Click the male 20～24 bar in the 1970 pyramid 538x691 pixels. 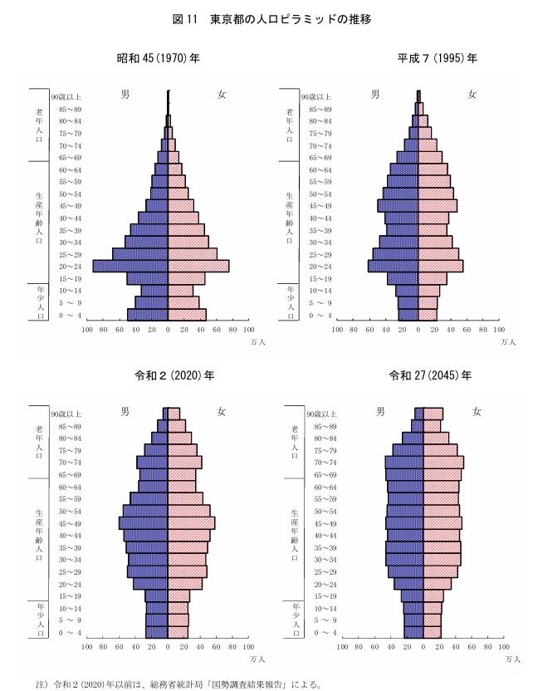click(130, 266)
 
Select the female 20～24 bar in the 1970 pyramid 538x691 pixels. click(198, 266)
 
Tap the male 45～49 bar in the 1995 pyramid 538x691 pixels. click(398, 205)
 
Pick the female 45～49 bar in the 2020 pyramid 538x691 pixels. click(191, 523)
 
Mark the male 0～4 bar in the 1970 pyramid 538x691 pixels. click(148, 315)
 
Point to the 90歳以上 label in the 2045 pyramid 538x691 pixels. click(322, 414)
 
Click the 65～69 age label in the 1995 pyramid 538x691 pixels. click(322, 158)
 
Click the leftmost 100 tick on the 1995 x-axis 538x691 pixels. click(337, 329)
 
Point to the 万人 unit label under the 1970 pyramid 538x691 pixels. click(256, 341)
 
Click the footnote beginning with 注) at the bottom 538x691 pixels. click(166, 684)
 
